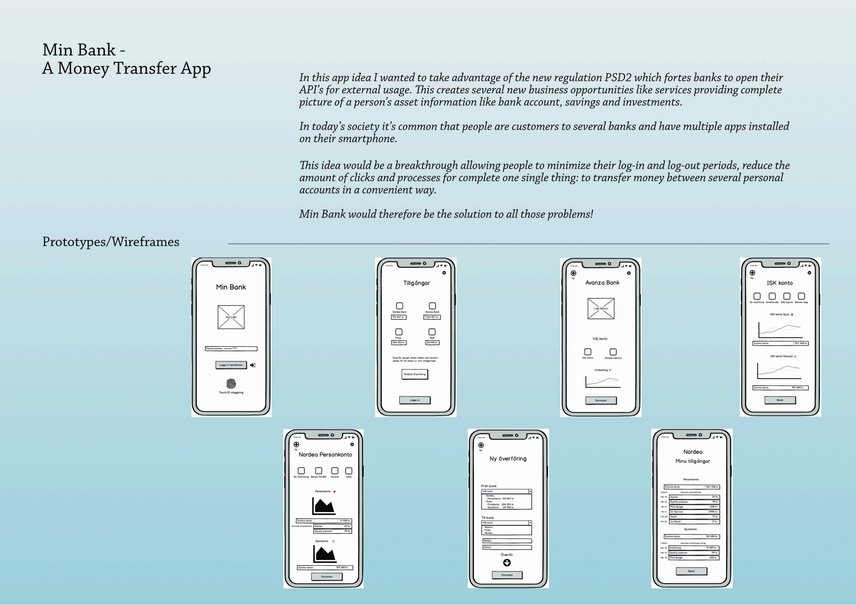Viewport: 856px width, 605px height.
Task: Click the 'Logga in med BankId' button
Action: click(x=231, y=365)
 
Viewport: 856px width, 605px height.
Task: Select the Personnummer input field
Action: click(x=231, y=349)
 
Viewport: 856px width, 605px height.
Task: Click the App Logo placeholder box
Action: click(x=231, y=317)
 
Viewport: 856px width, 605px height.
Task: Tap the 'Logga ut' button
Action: click(x=415, y=400)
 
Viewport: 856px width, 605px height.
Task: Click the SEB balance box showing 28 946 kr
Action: click(x=432, y=342)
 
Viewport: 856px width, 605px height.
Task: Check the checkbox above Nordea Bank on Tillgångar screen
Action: click(x=399, y=306)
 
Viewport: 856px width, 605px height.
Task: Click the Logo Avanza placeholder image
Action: click(x=601, y=309)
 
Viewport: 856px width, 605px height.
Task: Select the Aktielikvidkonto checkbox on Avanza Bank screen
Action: click(x=613, y=352)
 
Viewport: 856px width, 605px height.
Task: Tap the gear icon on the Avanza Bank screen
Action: click(x=629, y=273)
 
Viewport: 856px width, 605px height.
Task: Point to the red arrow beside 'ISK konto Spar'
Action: click(x=792, y=315)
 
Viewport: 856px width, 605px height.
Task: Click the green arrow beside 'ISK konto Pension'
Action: click(x=795, y=357)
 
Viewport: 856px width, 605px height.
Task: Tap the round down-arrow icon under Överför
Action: click(x=507, y=563)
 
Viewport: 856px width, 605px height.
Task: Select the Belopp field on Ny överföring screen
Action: click(x=507, y=540)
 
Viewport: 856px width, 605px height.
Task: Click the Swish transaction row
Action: click(x=694, y=517)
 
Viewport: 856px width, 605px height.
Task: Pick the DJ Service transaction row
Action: click(x=694, y=512)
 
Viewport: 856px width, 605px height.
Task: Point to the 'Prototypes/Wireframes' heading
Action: click(x=111, y=242)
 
